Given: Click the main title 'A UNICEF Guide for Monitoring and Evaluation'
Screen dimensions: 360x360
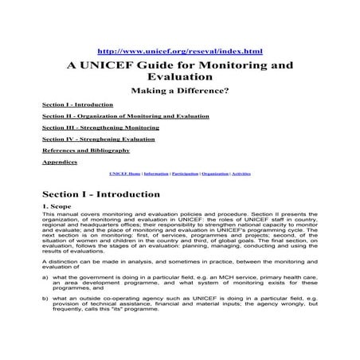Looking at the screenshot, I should (179, 72).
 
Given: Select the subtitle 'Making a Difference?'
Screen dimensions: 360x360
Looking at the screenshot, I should (179, 91).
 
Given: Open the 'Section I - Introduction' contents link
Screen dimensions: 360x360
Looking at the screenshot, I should (72, 105).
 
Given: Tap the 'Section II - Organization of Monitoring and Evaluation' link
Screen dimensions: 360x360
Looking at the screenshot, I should (125, 116).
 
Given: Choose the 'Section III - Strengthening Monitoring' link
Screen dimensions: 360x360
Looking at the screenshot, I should (100, 127).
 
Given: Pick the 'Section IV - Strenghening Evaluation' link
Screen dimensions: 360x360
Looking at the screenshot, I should (99, 139).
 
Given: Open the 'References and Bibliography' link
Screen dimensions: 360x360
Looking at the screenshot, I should (85, 150).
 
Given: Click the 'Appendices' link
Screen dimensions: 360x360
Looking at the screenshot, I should (60, 162).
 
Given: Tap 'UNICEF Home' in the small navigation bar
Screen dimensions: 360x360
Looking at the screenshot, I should (123, 173).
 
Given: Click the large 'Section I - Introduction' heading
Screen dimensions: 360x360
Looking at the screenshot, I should (100, 194).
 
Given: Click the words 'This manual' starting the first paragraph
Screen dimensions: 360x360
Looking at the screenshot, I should (58, 214).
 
